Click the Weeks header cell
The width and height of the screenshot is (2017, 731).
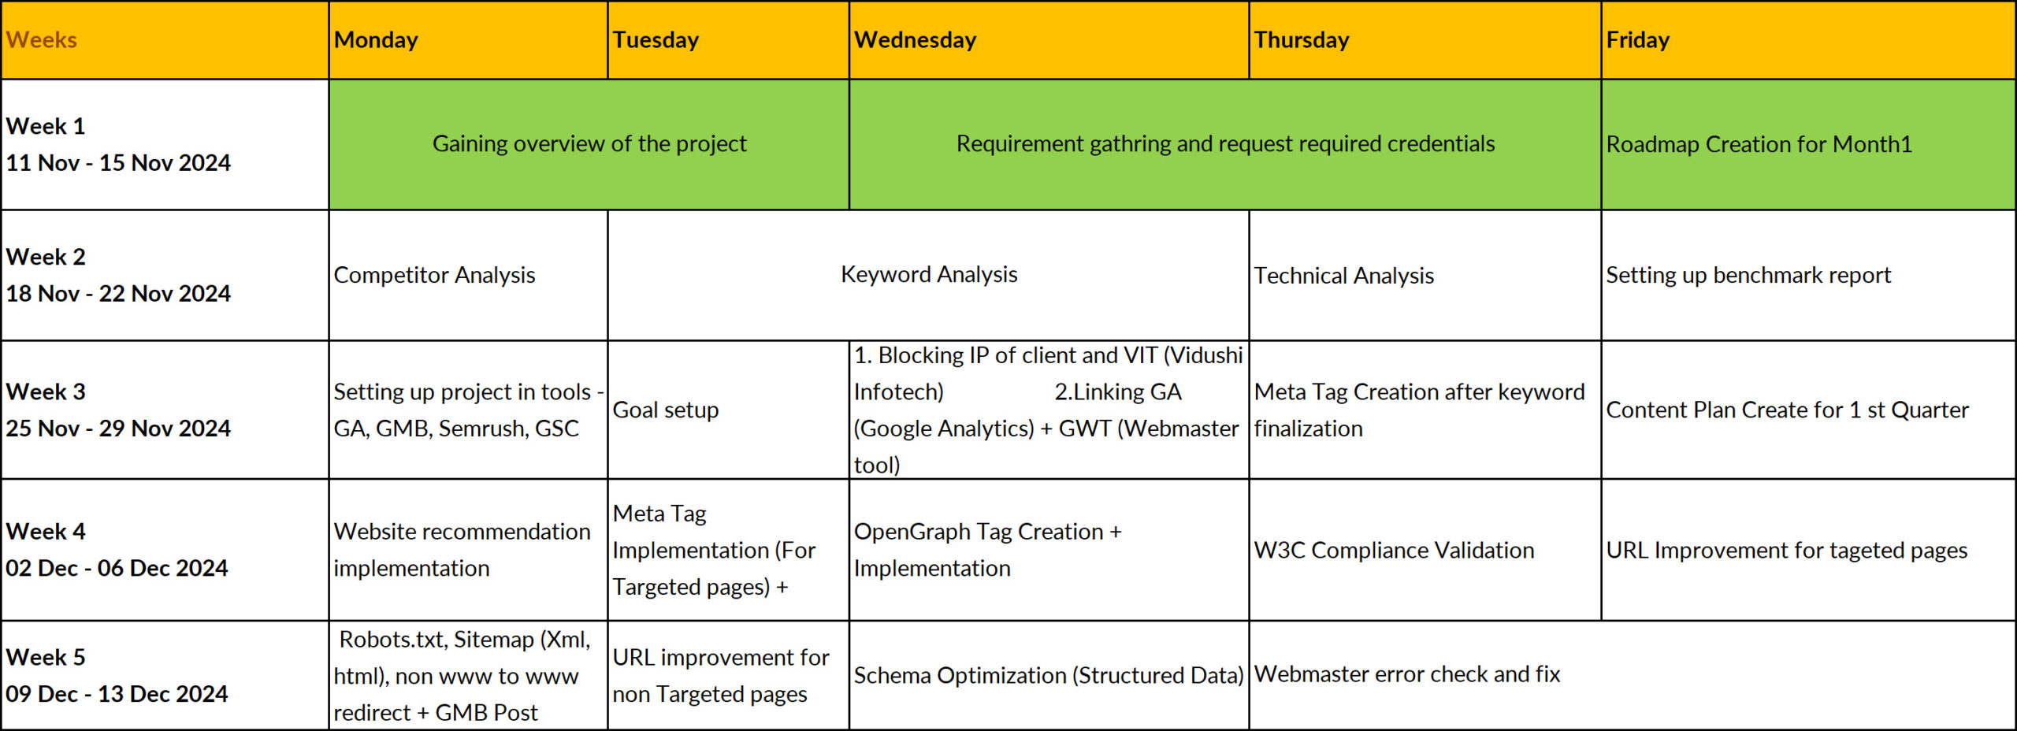click(165, 40)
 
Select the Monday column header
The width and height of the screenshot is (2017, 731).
click(468, 40)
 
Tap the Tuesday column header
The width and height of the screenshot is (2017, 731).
click(728, 40)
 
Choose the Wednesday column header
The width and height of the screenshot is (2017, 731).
click(1049, 40)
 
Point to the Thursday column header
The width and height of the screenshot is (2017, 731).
click(1425, 40)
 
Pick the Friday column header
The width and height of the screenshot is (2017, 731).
click(1808, 40)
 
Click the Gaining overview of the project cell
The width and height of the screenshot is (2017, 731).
click(589, 144)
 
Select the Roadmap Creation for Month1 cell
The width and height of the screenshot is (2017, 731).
click(1808, 144)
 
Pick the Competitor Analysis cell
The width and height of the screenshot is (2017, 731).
click(468, 275)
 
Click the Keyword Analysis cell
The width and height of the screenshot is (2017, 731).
click(928, 275)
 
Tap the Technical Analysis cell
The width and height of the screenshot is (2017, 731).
click(1425, 275)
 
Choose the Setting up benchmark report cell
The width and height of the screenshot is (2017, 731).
click(1808, 275)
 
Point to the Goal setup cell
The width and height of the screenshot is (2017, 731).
click(728, 410)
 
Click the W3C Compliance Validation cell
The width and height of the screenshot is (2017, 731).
click(1425, 550)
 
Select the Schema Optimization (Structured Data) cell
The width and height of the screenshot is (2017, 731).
click(1049, 675)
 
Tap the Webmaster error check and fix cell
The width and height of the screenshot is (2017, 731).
click(1632, 675)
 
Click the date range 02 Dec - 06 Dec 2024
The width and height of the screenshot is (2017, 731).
click(117, 568)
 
